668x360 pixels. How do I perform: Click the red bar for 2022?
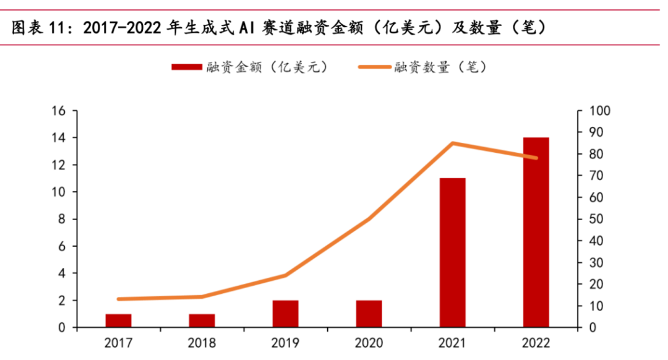(536, 232)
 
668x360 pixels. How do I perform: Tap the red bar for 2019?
(285, 314)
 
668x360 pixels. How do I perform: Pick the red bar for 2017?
(118, 320)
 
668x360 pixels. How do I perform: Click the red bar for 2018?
(202, 320)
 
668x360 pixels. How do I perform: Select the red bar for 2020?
(369, 314)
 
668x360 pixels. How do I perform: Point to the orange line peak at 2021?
(452, 144)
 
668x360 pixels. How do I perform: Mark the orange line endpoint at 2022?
(536, 158)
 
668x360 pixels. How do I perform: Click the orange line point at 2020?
(369, 219)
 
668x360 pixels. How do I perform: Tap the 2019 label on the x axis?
(285, 343)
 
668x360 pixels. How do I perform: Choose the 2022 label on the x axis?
(536, 343)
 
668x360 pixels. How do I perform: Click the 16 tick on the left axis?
(58, 111)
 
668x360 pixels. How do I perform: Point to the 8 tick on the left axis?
(62, 219)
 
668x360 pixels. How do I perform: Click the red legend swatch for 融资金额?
(186, 67)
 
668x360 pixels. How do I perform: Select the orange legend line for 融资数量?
(373, 67)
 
